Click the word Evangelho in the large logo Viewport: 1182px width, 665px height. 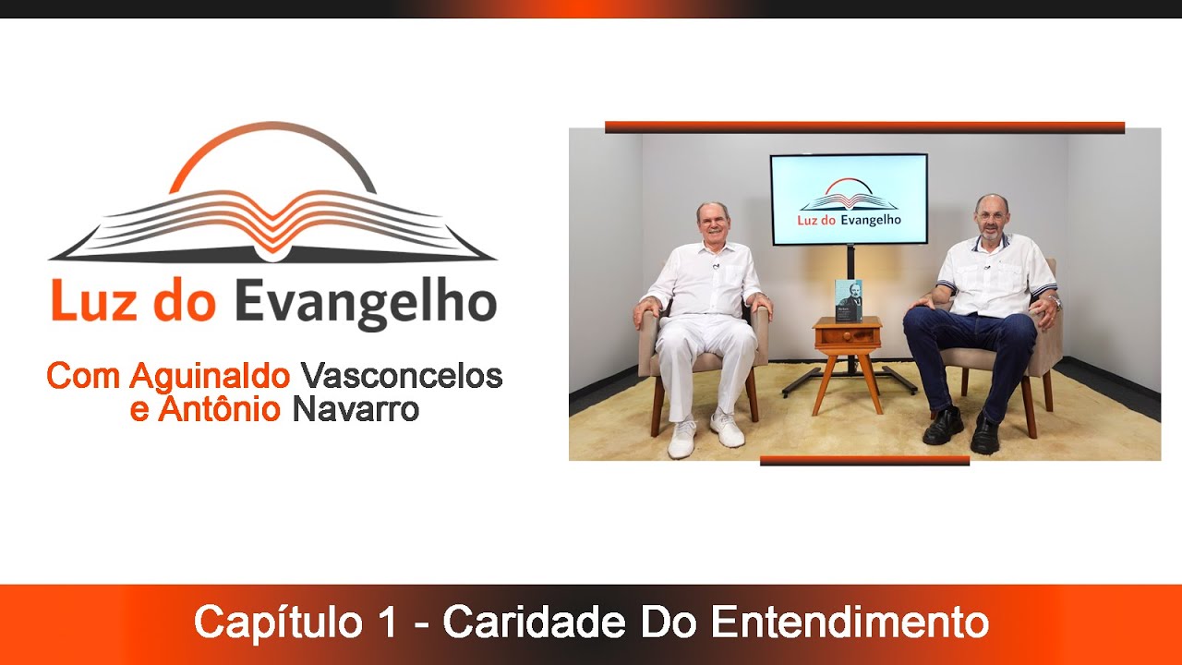pyautogui.click(x=365, y=303)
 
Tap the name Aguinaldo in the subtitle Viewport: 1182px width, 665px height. pyautogui.click(x=211, y=376)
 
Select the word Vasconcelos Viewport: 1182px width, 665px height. pyautogui.click(x=402, y=376)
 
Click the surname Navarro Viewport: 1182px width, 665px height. pyautogui.click(x=356, y=409)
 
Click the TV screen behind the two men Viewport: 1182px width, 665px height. pyautogui.click(x=849, y=199)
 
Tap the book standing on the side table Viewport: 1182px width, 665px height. pyautogui.click(x=848, y=300)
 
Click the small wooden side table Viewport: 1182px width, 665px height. pyautogui.click(x=847, y=356)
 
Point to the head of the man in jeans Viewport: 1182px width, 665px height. pyautogui.click(x=991, y=217)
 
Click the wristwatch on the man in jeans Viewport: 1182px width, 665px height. pyautogui.click(x=1055, y=302)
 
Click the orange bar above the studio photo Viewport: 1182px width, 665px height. pyautogui.click(x=864, y=127)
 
